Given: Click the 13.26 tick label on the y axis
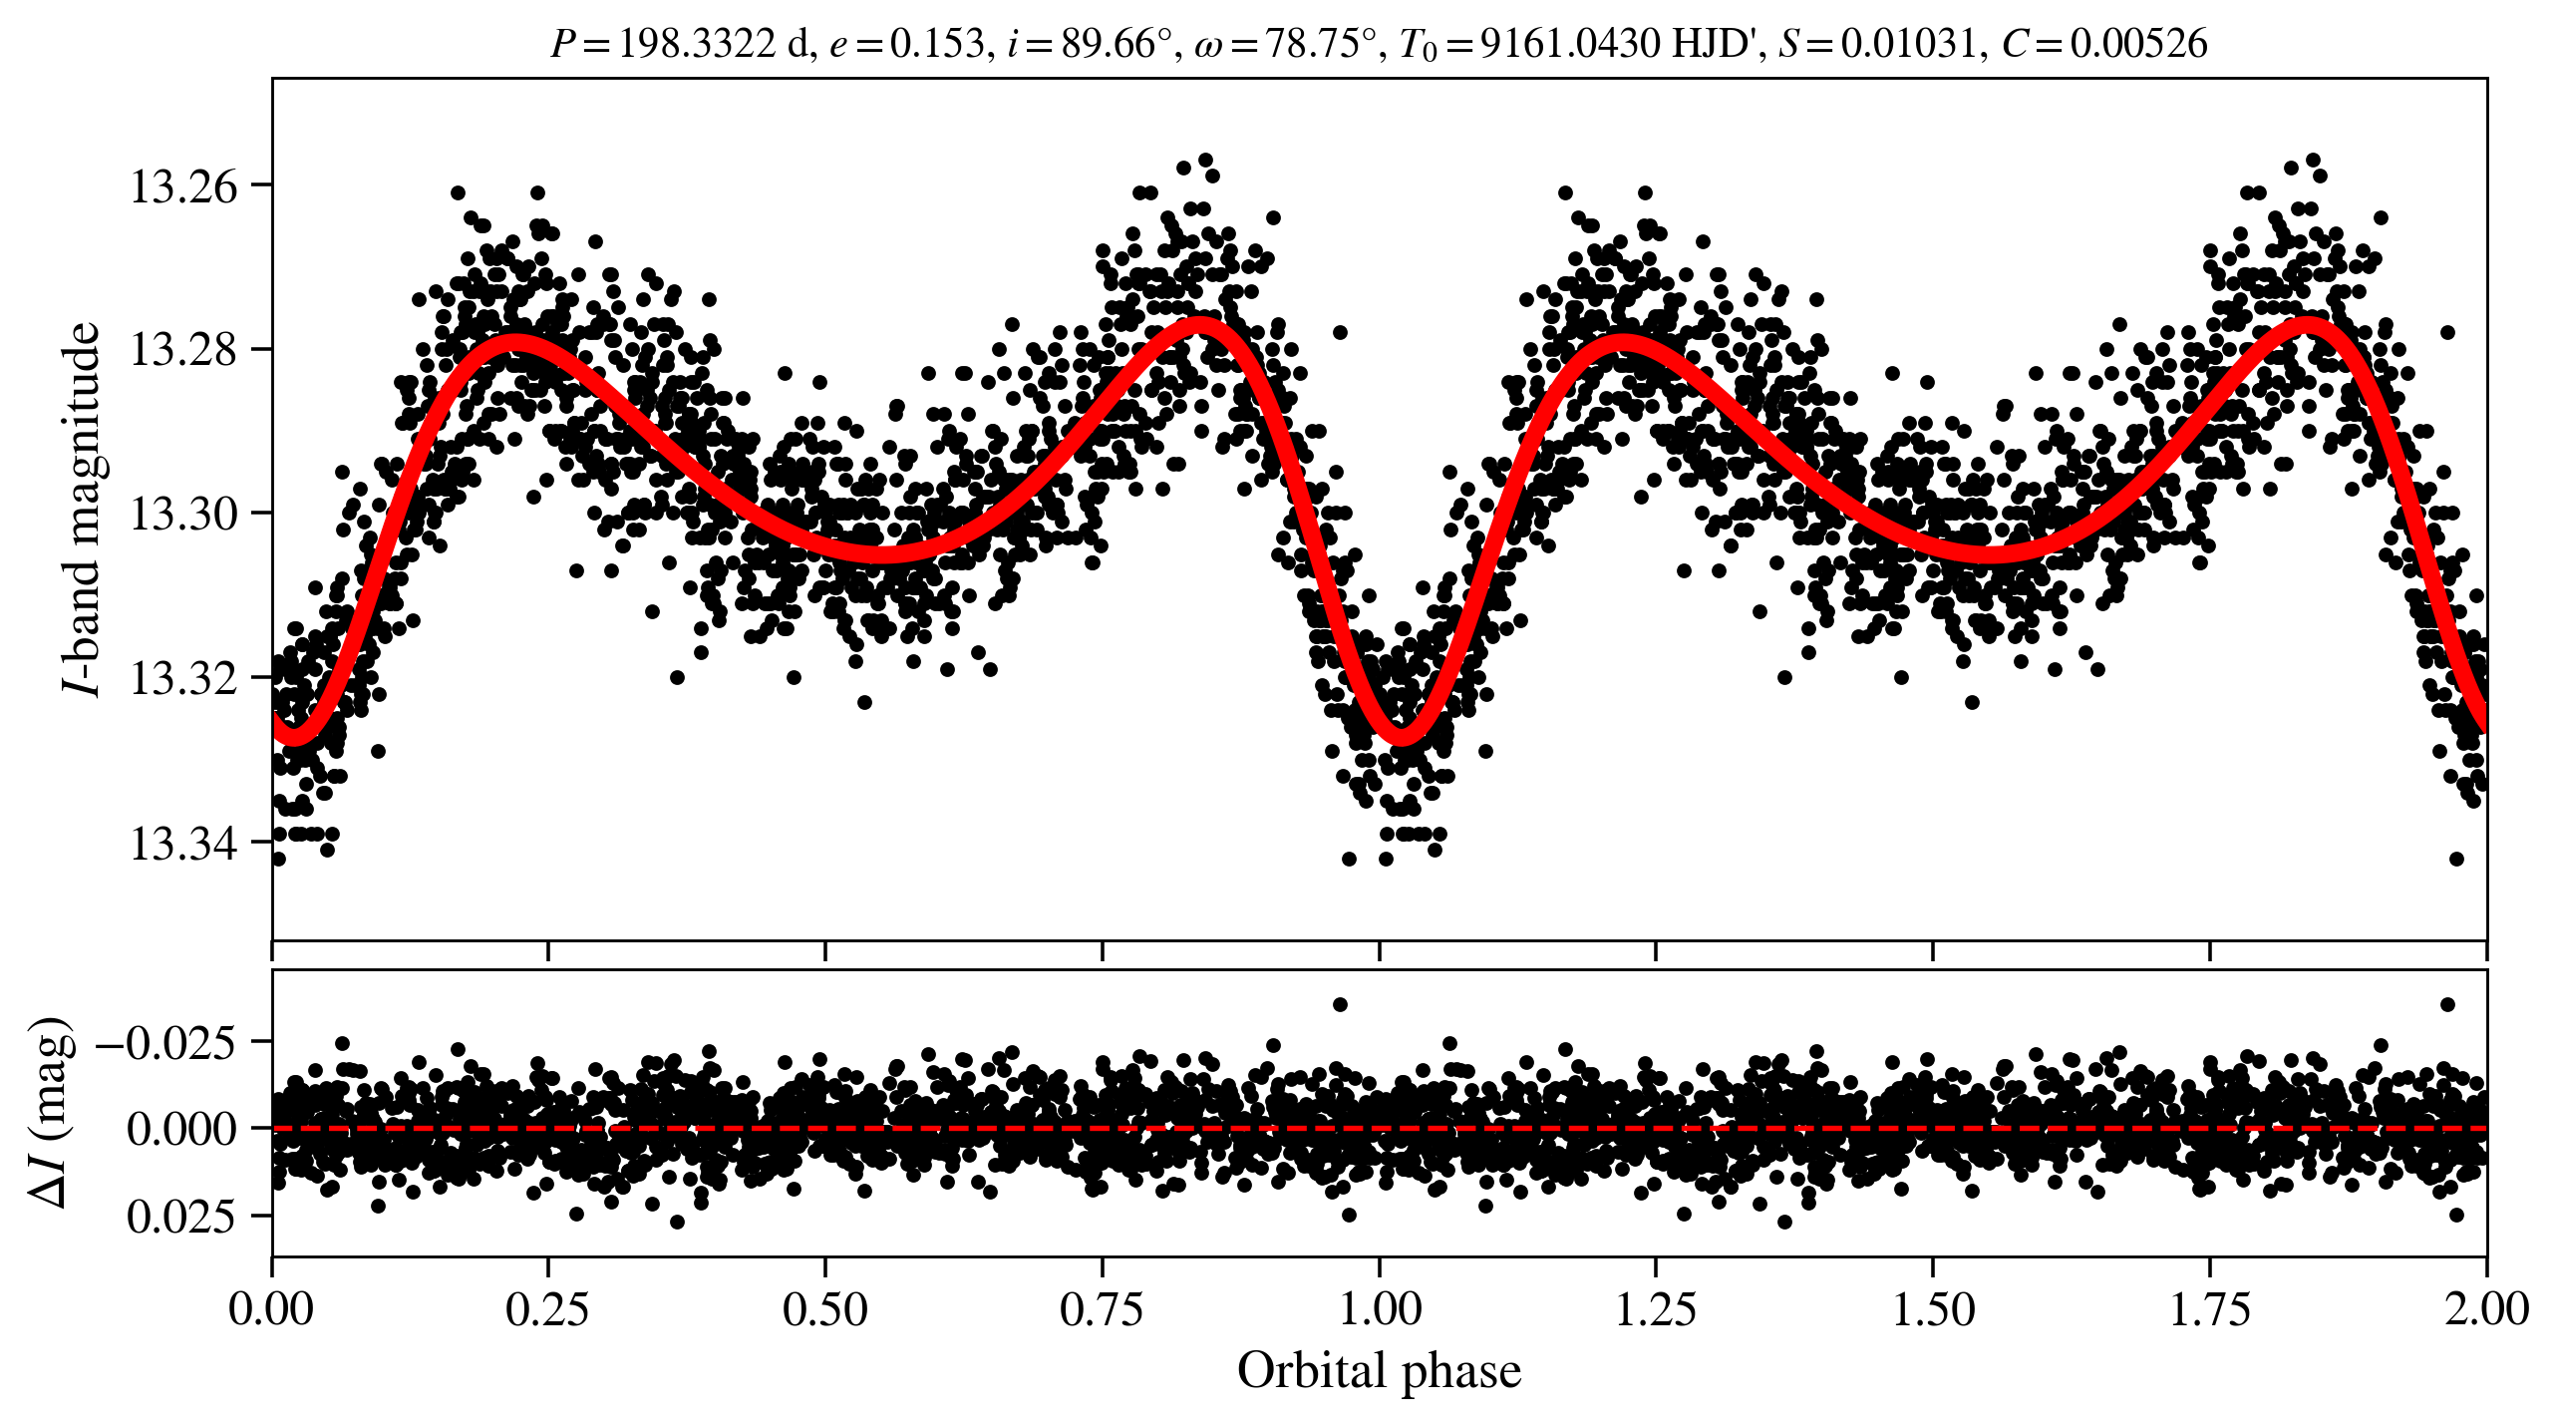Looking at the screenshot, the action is click(185, 186).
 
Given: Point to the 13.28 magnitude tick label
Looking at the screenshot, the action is click(185, 350).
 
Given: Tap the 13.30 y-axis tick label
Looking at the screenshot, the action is click(185, 515).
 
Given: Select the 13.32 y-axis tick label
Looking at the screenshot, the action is click(185, 678).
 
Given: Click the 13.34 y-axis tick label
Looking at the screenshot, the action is click(185, 843).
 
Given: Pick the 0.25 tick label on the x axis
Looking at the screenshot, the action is click(547, 1309).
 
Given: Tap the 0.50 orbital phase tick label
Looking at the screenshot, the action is click(824, 1309).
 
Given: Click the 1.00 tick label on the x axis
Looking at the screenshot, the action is click(1379, 1309).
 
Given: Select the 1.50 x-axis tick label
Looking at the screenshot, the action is click(1933, 1309).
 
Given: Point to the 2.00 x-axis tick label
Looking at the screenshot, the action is click(2486, 1309).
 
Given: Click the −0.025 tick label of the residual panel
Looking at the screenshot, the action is click(165, 1042).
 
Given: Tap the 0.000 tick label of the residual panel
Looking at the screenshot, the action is click(182, 1129).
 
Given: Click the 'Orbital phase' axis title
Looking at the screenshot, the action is click(1380, 1371).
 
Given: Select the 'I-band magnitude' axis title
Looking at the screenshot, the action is click(81, 509).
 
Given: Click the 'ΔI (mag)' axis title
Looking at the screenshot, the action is click(51, 1112).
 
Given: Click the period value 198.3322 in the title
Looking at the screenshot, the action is click(697, 44).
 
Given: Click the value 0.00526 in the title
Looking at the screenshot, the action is click(2139, 44).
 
